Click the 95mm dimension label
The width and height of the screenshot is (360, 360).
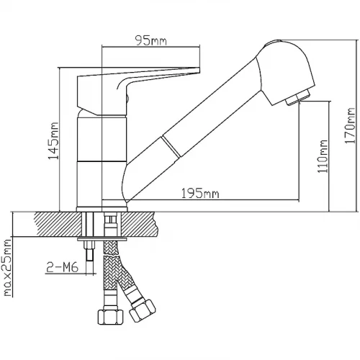[x=150, y=40]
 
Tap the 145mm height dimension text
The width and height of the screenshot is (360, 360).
[x=53, y=141]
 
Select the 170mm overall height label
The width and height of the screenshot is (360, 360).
[x=349, y=126]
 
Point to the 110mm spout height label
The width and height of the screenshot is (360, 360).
[x=323, y=156]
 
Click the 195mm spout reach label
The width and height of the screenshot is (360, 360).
[x=200, y=194]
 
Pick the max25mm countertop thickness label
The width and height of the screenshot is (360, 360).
[x=8, y=268]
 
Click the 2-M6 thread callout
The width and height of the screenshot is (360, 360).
[x=62, y=267]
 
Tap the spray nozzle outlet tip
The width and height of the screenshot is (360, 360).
[x=297, y=98]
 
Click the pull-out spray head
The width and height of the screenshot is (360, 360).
[x=285, y=72]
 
